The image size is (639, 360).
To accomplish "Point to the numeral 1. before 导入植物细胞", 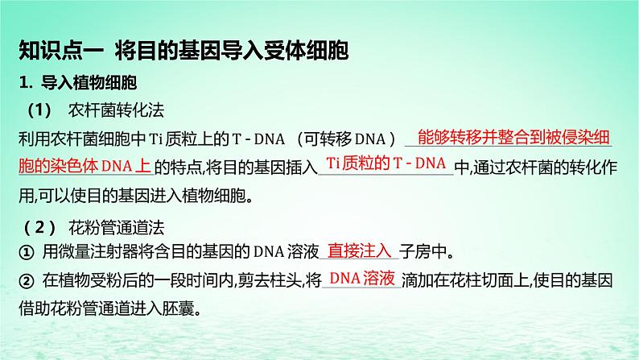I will [x=24, y=84].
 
